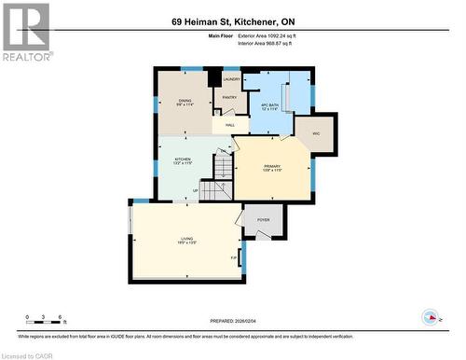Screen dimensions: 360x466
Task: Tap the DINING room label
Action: [185, 102]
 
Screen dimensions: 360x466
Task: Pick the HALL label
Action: [229, 125]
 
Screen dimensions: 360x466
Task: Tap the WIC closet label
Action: [316, 133]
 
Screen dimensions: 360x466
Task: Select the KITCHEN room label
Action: [183, 160]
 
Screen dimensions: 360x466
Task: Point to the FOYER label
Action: [263, 220]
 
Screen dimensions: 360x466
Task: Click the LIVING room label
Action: [186, 241]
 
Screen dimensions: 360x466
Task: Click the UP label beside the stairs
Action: [195, 190]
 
